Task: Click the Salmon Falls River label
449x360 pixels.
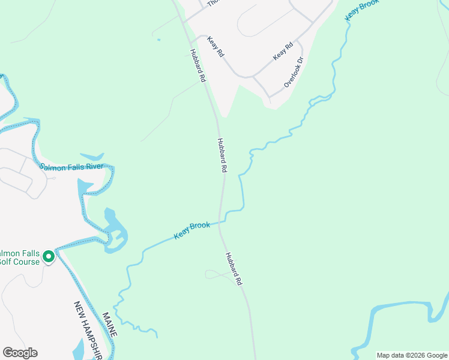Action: pos(72,166)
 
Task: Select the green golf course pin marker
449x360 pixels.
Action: pos(48,257)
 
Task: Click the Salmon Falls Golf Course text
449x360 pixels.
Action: pos(20,257)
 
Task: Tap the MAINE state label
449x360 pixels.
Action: pos(110,324)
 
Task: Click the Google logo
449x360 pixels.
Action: pos(20,353)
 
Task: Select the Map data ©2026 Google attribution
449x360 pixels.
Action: pos(411,355)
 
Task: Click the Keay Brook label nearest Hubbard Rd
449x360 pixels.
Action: pos(192,230)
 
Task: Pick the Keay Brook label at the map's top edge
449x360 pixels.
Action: pos(362,10)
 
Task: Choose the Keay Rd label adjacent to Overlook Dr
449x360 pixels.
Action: pos(283,50)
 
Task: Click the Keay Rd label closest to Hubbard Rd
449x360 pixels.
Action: pos(215,47)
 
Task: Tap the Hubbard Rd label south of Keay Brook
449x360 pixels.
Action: pos(234,268)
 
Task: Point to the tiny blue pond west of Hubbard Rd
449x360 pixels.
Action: pos(158,40)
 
